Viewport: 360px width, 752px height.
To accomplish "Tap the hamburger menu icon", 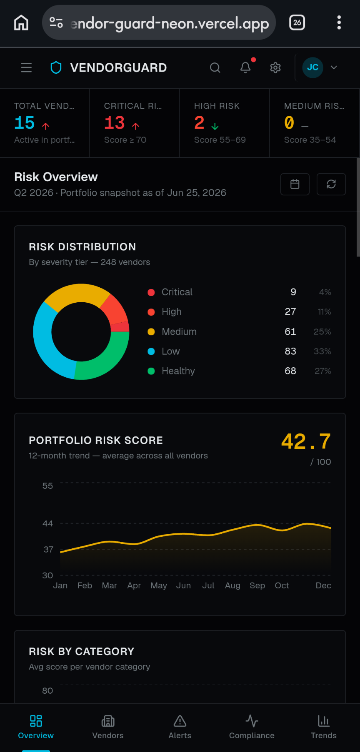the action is tap(26, 67).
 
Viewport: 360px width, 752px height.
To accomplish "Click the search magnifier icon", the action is tap(215, 67).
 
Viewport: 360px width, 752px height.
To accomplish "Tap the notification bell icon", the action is tap(245, 67).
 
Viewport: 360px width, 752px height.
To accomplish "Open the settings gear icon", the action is tap(275, 67).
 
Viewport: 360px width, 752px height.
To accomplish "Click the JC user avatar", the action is tap(312, 67).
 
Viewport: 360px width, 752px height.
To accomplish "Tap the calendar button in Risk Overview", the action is tap(295, 184).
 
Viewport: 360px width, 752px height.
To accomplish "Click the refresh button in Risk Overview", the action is tap(331, 184).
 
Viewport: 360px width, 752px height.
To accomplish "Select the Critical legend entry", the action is tap(170, 292).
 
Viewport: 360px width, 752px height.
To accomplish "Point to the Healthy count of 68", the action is tap(290, 371).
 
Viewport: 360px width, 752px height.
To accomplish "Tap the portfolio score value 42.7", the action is tap(306, 442).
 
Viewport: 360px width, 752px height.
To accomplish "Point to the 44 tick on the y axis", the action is tap(48, 523).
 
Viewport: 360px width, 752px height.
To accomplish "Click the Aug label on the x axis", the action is tap(232, 585).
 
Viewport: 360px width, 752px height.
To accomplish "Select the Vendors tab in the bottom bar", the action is tap(108, 727).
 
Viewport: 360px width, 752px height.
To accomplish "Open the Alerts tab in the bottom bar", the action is tap(180, 727).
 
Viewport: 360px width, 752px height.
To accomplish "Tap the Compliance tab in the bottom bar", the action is tap(252, 727).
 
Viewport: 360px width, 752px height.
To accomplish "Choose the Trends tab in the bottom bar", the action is tap(324, 727).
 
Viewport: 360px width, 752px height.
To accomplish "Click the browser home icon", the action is tap(21, 22).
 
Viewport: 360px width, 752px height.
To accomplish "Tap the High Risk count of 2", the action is tap(199, 123).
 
